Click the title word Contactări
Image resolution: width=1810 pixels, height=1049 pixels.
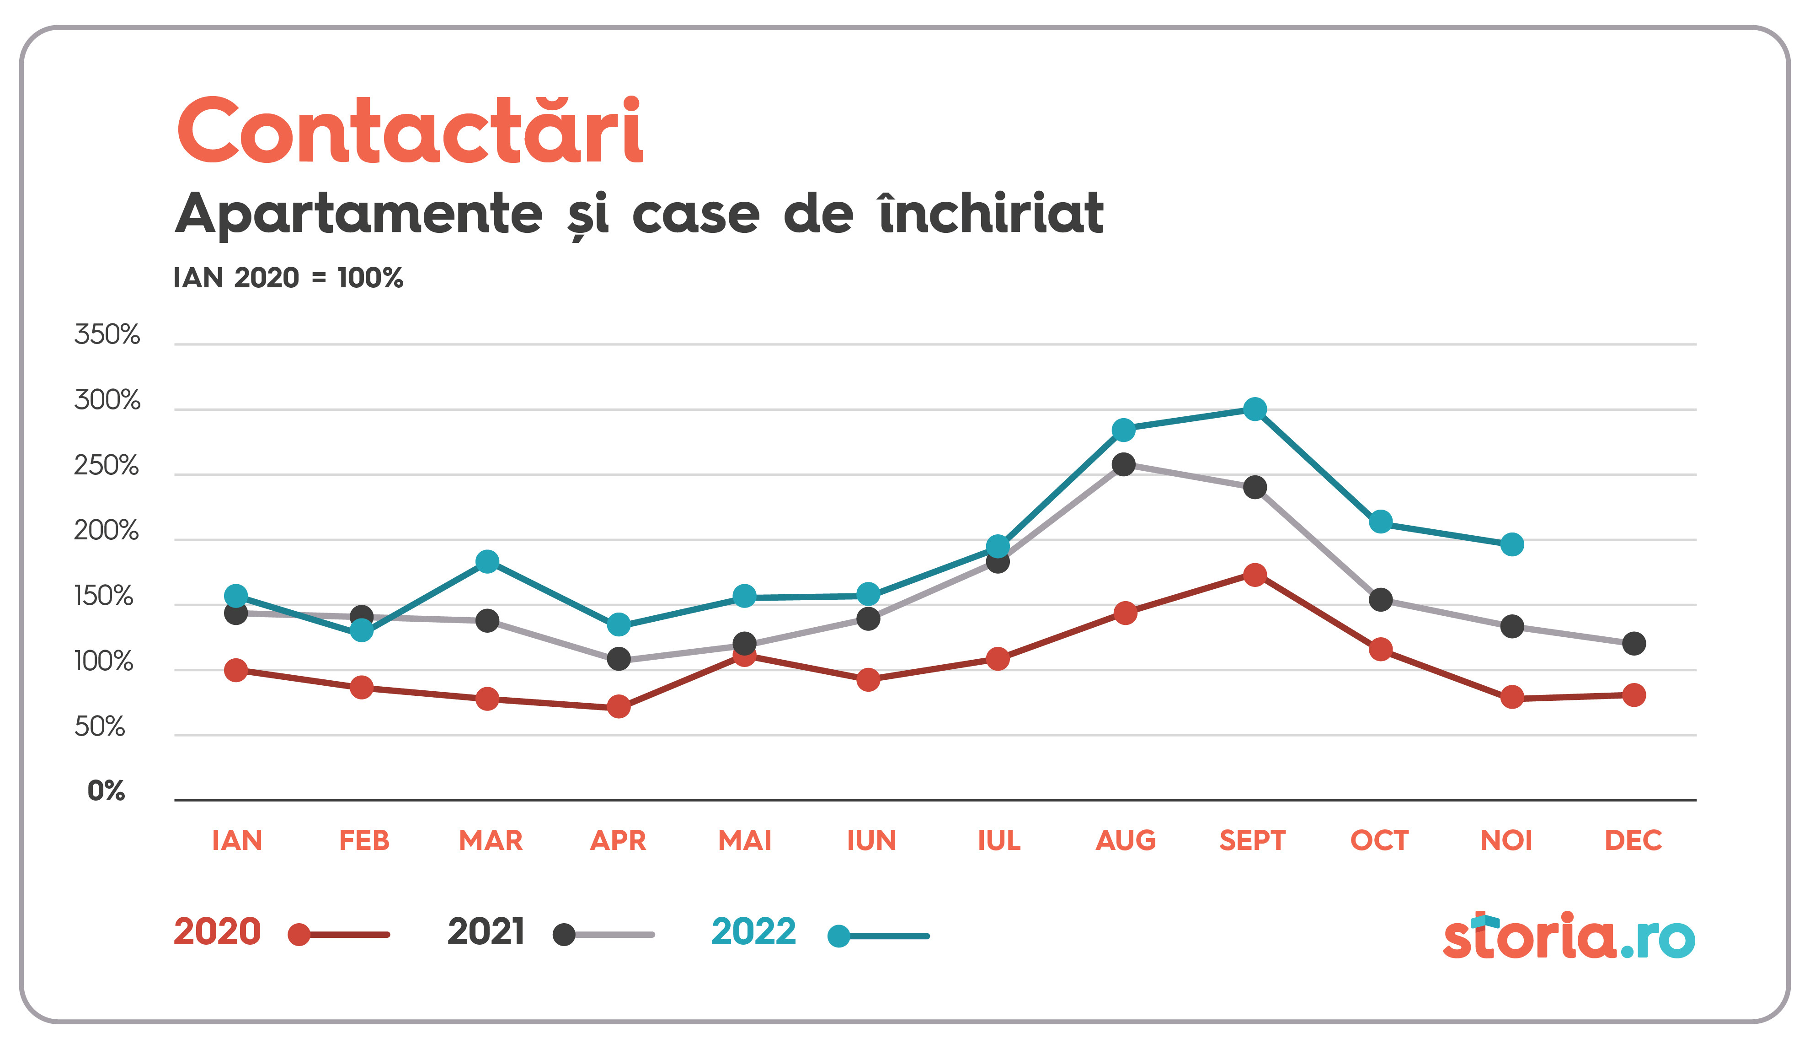tap(409, 131)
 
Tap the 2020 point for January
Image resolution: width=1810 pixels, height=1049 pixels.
tap(235, 670)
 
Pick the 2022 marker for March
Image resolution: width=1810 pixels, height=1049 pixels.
tap(487, 561)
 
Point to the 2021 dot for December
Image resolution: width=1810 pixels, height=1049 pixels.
tap(1634, 643)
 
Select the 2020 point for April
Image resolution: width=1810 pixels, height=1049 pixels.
tap(619, 706)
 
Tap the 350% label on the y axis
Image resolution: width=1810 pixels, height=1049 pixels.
tap(107, 335)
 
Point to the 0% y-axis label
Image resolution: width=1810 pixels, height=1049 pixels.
tap(107, 791)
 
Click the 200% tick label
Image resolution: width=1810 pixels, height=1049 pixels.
tap(107, 531)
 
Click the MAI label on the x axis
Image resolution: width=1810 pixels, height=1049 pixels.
tap(745, 840)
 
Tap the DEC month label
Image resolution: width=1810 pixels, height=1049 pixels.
tap(1634, 840)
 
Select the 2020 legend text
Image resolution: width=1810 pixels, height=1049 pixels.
tap(217, 932)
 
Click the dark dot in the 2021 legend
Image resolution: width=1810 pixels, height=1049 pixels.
tap(564, 935)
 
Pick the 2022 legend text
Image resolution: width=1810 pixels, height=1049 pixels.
tap(753, 932)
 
